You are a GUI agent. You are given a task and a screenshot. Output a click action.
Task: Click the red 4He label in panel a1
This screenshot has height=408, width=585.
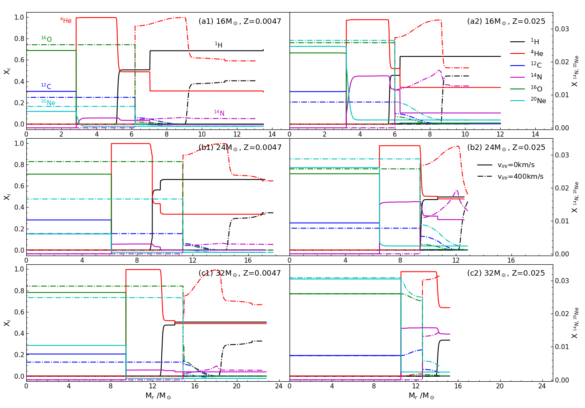[66, 20]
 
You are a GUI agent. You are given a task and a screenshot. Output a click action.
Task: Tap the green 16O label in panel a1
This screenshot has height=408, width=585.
[46, 39]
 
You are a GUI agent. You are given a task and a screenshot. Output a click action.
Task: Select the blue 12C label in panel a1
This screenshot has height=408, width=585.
[46, 86]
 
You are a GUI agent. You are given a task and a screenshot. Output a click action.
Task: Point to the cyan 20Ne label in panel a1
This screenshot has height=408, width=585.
[48, 103]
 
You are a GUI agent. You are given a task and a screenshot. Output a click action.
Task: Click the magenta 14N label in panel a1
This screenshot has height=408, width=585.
[219, 113]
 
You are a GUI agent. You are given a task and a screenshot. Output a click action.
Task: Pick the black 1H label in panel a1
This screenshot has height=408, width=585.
[219, 45]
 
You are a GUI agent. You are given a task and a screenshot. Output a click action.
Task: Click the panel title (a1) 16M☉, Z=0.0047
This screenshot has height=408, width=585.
[240, 21]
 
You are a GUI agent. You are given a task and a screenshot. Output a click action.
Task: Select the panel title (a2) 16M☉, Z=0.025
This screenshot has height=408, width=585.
[506, 21]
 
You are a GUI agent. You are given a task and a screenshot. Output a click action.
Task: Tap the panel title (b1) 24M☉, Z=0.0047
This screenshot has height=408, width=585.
[240, 147]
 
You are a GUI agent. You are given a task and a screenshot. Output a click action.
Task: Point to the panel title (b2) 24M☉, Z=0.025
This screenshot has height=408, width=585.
[506, 147]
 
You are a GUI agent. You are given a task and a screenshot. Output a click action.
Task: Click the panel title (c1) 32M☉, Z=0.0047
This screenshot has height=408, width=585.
[240, 273]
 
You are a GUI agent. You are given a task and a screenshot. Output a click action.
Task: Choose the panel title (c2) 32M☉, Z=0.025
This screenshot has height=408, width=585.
[506, 273]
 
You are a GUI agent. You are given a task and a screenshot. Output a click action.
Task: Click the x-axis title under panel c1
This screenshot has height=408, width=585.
[158, 396]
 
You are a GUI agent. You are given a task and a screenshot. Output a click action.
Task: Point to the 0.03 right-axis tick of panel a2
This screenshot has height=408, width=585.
[562, 29]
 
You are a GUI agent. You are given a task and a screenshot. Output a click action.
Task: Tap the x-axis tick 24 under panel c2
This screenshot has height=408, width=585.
[542, 386]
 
